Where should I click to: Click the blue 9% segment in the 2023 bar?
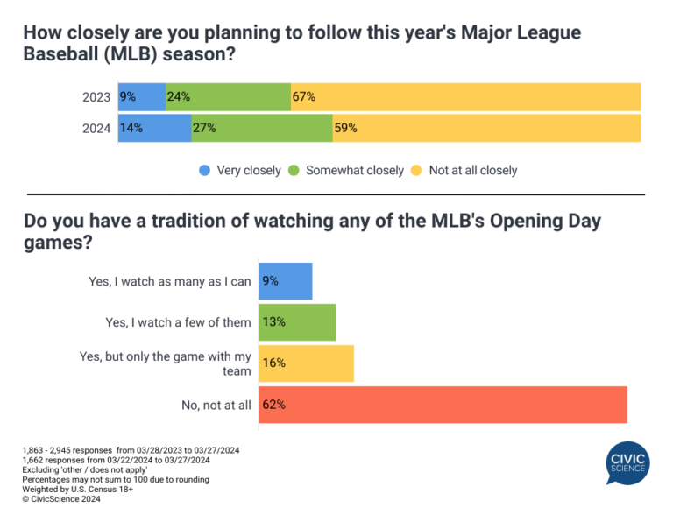tap(142, 97)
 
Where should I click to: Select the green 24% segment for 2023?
tap(228, 97)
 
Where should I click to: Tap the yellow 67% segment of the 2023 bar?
tap(465, 97)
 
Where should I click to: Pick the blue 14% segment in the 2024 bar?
tap(154, 128)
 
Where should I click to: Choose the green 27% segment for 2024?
tap(261, 128)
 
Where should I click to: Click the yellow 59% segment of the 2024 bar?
tap(486, 128)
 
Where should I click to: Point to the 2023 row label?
tap(96, 97)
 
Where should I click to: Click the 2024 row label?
tap(96, 128)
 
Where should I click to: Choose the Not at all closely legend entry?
tap(464, 170)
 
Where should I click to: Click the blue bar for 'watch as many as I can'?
tap(285, 281)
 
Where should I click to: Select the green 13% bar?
tap(297, 322)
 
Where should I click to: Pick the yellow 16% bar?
tap(306, 363)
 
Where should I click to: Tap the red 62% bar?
tap(443, 405)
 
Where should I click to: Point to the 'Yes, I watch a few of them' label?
tap(178, 322)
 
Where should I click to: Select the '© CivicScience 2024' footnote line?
tap(61, 499)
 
